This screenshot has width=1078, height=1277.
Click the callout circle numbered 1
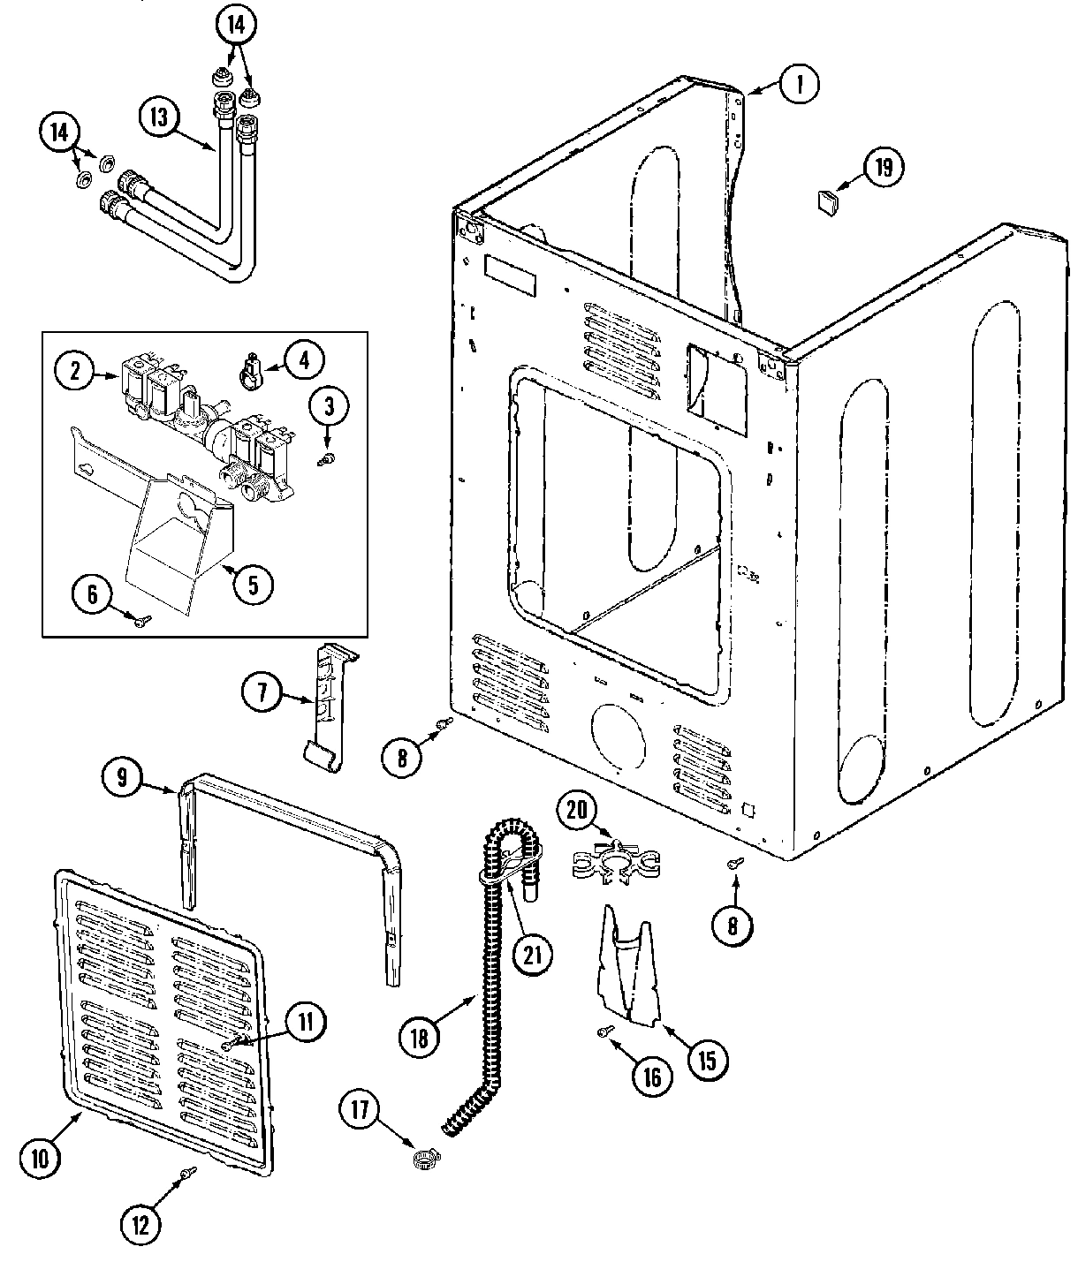(x=799, y=84)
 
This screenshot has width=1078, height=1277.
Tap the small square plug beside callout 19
(x=827, y=204)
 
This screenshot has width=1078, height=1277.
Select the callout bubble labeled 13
(x=159, y=118)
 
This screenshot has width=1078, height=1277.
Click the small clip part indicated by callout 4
(x=251, y=368)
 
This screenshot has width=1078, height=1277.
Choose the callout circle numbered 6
(x=93, y=594)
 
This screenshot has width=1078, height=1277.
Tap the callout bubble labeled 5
(x=253, y=585)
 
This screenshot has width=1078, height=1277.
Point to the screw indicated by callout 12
(x=187, y=1174)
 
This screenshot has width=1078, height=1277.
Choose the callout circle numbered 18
(x=419, y=1038)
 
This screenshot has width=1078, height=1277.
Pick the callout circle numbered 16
(x=651, y=1077)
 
